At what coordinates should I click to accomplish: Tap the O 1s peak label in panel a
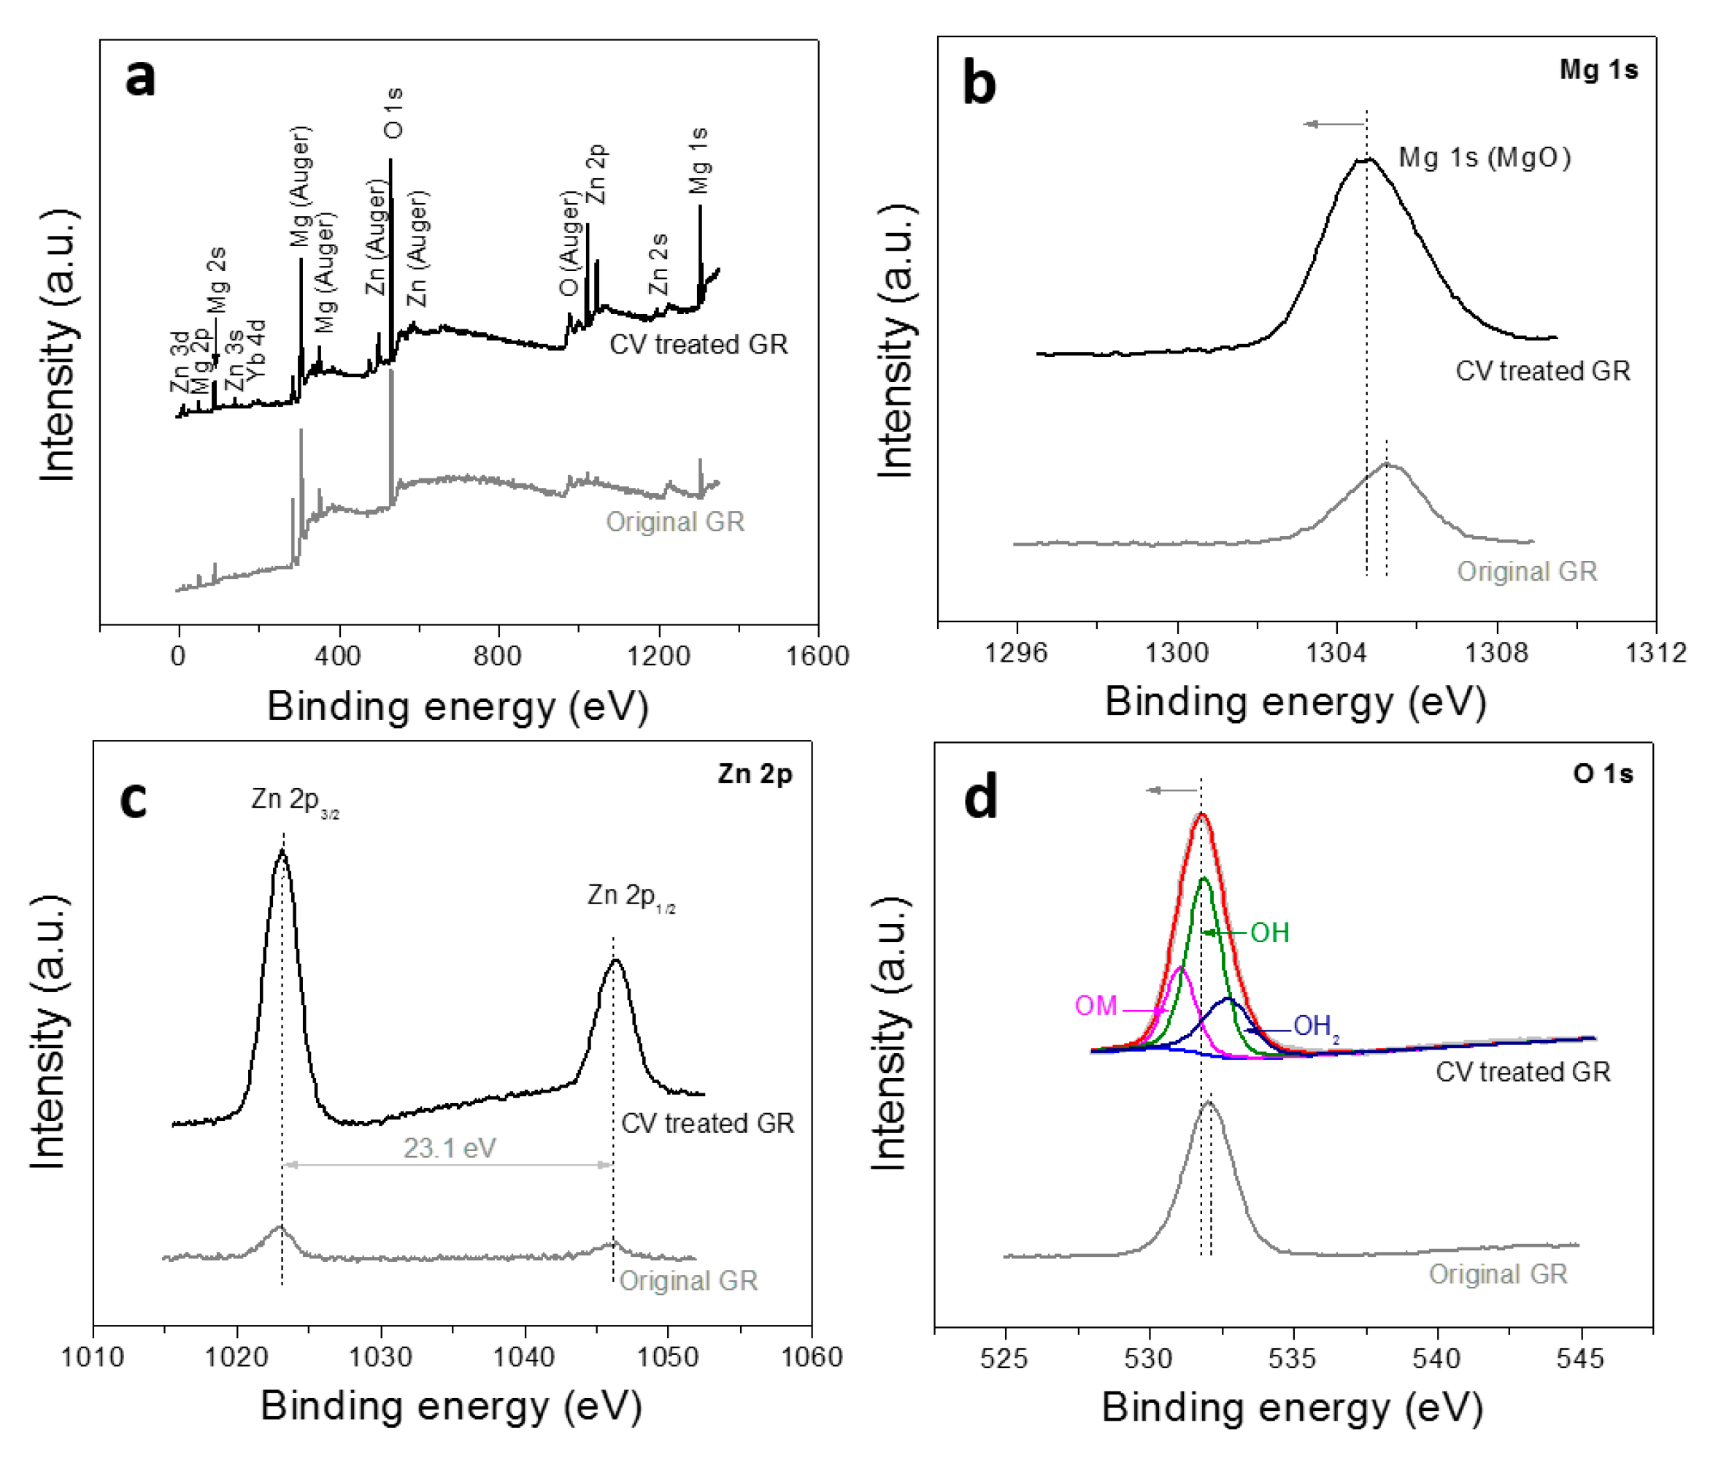coord(394,112)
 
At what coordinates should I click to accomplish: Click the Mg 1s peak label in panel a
coord(699,161)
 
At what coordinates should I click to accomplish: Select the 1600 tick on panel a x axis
coord(817,656)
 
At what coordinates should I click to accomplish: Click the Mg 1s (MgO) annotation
coord(1484,157)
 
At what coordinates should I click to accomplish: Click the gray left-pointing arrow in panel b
coord(1333,124)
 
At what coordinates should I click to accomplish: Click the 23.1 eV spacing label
coord(449,1148)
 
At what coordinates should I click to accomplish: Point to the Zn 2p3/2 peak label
coord(294,800)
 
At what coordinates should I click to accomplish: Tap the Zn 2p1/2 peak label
coord(631,896)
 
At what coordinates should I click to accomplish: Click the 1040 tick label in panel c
coord(523,1356)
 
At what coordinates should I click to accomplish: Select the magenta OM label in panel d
coord(1096,1006)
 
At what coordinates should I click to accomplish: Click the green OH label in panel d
coord(1269,933)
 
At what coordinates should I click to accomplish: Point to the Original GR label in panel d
coord(1497,1274)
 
